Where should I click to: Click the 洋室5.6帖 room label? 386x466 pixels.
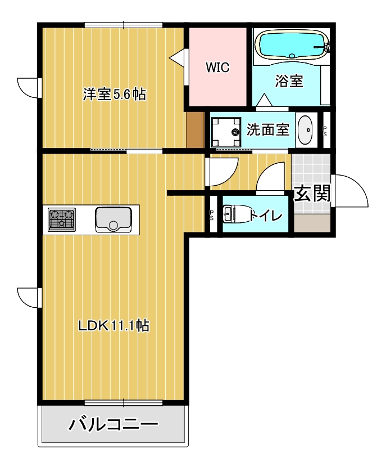[x=115, y=95]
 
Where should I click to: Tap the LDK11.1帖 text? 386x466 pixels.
[x=113, y=325]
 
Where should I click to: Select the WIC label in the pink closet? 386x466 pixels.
[x=217, y=68]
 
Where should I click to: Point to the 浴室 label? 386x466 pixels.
[x=289, y=81]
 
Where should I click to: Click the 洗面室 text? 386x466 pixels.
[x=268, y=130]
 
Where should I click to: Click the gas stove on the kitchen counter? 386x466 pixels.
[x=62, y=219]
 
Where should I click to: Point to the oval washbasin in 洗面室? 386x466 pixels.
[x=306, y=131]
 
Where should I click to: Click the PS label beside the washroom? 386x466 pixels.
[x=325, y=131]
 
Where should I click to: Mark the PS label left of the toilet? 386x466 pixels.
[x=212, y=215]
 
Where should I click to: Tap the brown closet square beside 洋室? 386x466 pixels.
[x=195, y=131]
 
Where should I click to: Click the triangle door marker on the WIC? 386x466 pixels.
[x=178, y=57]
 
